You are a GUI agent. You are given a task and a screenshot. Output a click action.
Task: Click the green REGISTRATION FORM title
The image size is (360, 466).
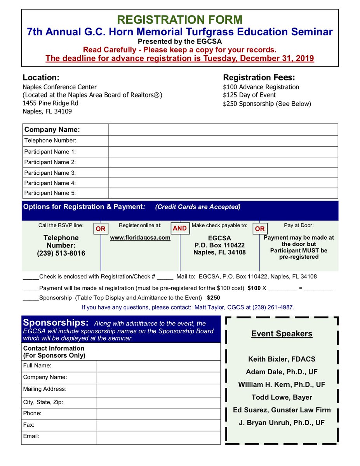coord(180,19)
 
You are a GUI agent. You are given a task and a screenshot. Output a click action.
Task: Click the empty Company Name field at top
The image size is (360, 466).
coord(223,130)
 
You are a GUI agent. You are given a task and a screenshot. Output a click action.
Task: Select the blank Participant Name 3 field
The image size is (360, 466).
coord(223,173)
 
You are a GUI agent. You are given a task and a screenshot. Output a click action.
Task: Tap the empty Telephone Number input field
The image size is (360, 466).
coord(223,141)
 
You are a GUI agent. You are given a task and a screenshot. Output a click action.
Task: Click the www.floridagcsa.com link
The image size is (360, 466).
coord(140,238)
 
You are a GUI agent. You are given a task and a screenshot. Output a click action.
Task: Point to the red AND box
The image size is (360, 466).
coord(180,228)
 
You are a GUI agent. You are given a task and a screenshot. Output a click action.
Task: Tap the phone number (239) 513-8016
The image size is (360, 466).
coord(61,254)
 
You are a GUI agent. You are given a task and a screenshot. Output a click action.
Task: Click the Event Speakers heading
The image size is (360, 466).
coord(282,334)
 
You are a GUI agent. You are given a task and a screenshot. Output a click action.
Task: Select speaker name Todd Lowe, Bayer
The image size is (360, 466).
coord(282,397)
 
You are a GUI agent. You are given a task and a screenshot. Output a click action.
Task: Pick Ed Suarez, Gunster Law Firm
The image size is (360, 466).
coord(282,410)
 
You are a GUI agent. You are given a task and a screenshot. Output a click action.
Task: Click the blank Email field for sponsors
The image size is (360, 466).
coord(158,438)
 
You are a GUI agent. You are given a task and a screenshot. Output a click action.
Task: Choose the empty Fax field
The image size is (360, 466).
coord(158,425)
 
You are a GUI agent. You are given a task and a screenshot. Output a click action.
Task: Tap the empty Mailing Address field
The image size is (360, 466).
coord(158,390)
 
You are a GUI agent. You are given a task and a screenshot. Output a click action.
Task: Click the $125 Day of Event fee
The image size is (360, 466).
coord(249,95)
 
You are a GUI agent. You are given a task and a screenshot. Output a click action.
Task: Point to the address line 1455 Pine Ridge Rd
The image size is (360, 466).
coord(50,103)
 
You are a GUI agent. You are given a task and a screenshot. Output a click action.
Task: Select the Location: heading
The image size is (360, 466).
coord(41,77)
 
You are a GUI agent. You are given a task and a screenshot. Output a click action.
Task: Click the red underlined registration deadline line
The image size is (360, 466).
coord(180,59)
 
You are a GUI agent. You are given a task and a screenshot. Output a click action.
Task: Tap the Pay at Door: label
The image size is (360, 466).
coord(299,225)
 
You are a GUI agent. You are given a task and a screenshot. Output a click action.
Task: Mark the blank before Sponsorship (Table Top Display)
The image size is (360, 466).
coord(31,298)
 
